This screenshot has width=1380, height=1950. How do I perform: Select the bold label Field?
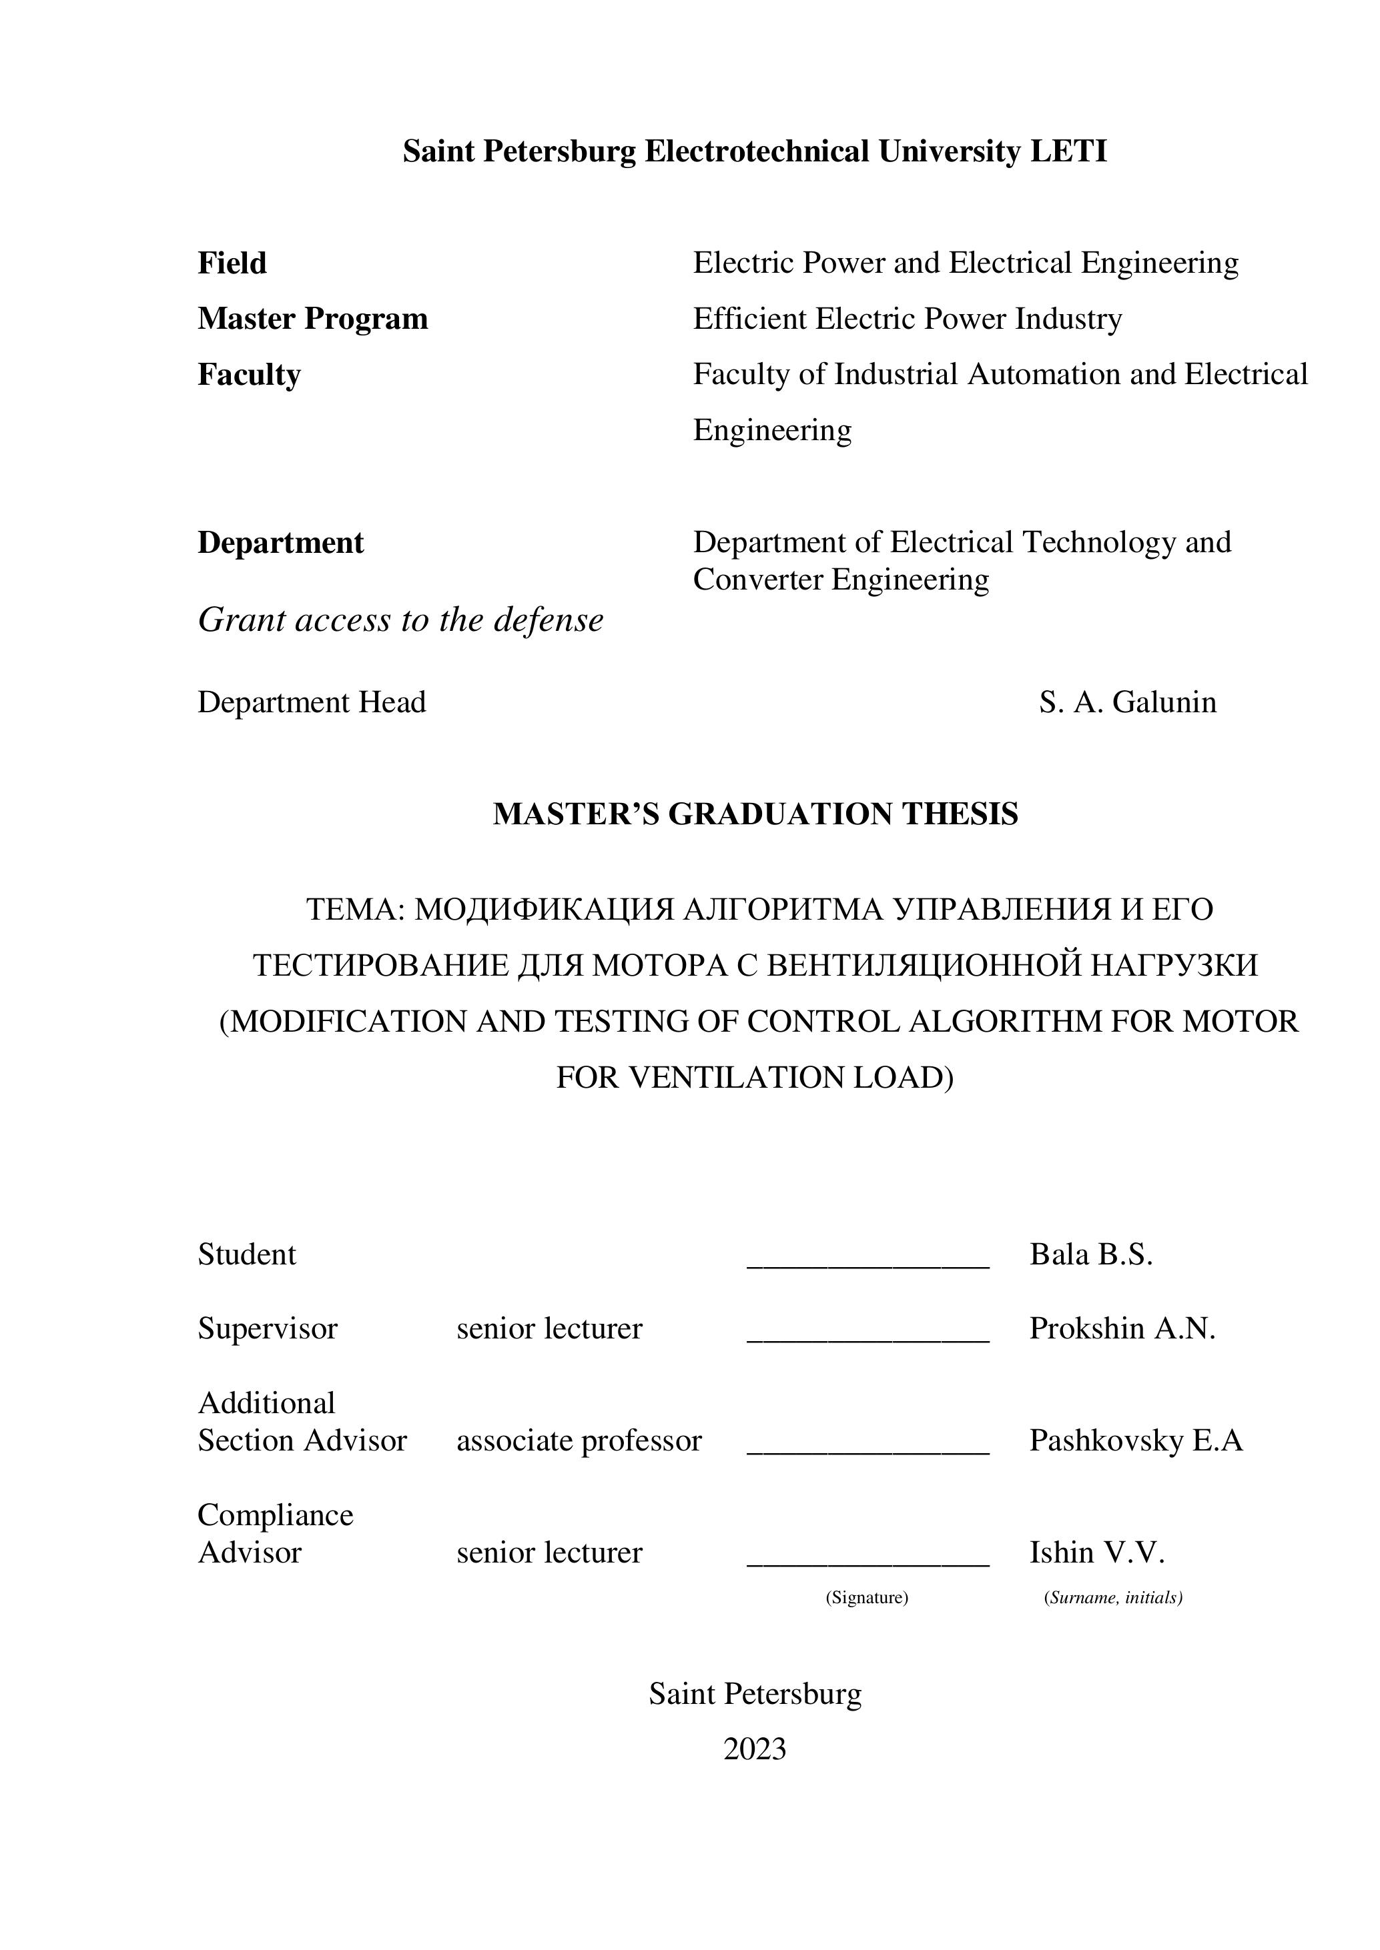(x=232, y=263)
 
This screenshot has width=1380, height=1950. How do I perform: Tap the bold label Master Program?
(x=313, y=319)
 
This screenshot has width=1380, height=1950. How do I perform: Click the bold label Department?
(x=280, y=543)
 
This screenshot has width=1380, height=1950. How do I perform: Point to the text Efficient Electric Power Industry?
(x=907, y=319)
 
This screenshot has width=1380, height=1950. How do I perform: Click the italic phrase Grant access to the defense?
(x=400, y=621)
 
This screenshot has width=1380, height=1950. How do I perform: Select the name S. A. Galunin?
(x=1127, y=702)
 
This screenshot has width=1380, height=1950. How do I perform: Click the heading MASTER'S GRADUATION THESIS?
(x=755, y=814)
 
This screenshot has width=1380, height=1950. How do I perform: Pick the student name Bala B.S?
(x=1090, y=1254)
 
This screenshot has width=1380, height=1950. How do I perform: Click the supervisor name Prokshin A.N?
(x=1122, y=1328)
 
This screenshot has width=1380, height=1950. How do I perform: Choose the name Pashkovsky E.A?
(x=1135, y=1440)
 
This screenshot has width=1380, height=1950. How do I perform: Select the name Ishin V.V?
(x=1096, y=1553)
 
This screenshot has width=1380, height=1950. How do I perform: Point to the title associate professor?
(x=579, y=1440)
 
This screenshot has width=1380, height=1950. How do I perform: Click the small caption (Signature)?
(x=867, y=1597)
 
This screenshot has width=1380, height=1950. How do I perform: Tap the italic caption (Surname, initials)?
(x=1113, y=1597)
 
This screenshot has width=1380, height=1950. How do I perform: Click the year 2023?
(x=755, y=1749)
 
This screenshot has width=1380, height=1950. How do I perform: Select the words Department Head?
(x=312, y=702)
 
